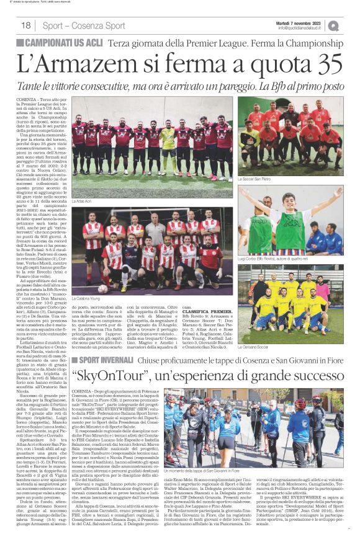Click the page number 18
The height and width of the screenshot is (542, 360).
pos(25,25)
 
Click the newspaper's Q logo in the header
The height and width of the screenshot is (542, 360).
pos(333,25)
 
